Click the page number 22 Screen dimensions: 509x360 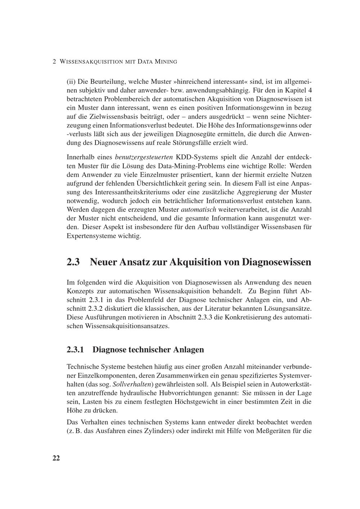[56, 458]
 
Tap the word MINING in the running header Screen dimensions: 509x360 [166, 62]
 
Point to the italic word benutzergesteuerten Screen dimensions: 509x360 [144, 157]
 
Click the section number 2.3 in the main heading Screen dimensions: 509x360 [73, 262]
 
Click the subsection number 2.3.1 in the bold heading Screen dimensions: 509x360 [75, 349]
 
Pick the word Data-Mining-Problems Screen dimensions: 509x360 [192, 166]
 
